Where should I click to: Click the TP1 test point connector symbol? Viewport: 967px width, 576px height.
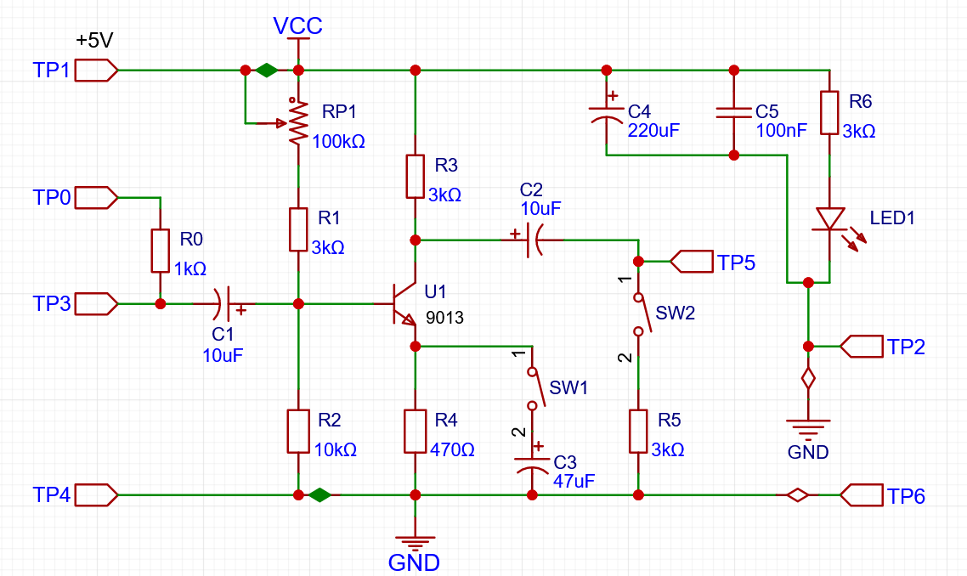[96, 71]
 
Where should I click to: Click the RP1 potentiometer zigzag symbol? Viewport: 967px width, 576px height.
[298, 121]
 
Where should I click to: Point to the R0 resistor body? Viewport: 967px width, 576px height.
[161, 251]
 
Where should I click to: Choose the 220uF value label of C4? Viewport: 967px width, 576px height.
[653, 131]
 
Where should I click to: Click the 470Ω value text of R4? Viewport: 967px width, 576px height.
[452, 450]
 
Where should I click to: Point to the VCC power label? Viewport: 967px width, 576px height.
[298, 25]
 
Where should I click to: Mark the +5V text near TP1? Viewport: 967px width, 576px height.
[94, 40]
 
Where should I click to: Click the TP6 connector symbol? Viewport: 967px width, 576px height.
[861, 495]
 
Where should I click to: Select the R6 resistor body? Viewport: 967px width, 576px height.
[829, 113]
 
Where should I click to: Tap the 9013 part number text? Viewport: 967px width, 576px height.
[444, 319]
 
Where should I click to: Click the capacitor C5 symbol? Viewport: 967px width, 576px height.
[734, 112]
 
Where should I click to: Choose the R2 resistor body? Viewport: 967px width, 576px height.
[298, 431]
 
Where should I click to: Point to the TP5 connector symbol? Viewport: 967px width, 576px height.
[692, 262]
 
